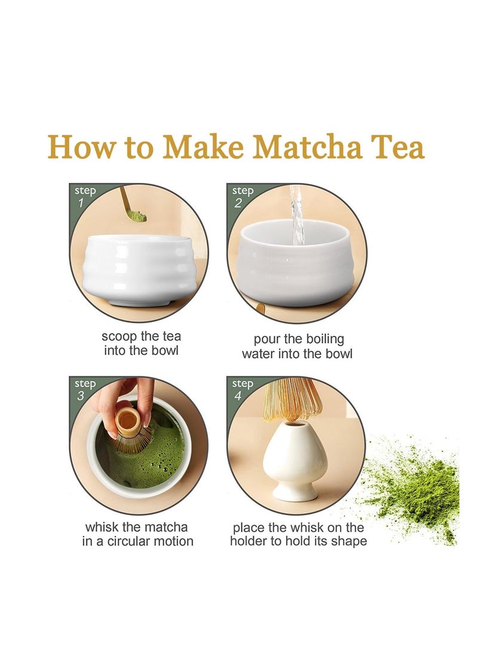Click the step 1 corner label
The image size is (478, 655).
coord(84,196)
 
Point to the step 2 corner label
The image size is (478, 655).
coord(242,196)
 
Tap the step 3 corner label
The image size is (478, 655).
coord(84,389)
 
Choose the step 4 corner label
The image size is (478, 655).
coord(242,389)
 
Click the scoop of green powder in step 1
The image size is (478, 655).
coord(136,216)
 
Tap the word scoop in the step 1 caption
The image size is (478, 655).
coord(118,336)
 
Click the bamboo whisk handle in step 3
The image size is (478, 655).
coord(127,422)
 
